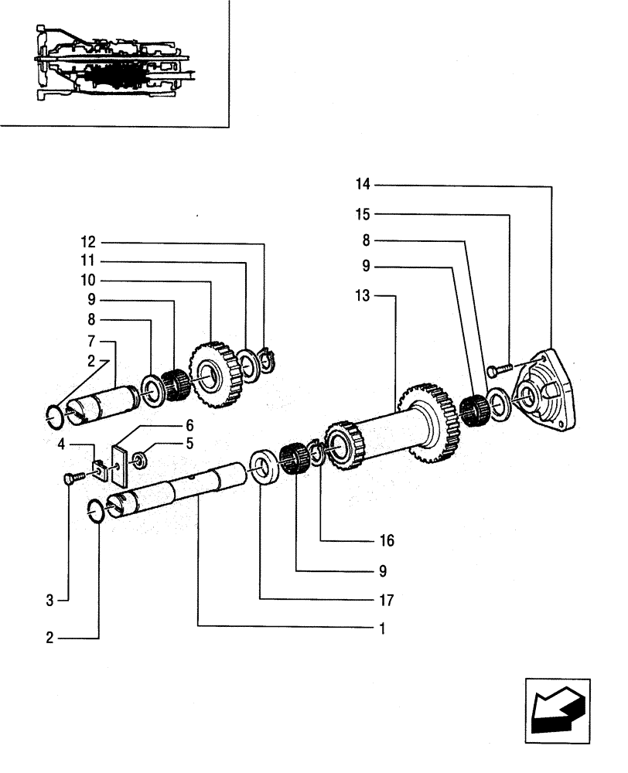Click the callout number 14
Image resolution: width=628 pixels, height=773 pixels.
(x=363, y=185)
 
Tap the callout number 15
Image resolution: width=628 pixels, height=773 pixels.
(x=363, y=215)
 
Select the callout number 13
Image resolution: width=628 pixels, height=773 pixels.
(x=363, y=295)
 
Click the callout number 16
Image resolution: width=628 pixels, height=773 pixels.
(x=387, y=541)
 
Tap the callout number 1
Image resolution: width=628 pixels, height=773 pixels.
(x=382, y=628)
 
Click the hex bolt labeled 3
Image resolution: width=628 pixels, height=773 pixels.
(x=68, y=480)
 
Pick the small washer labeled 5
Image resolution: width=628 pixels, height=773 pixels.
(x=141, y=461)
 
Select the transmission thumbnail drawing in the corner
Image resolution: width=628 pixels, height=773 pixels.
(x=114, y=62)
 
